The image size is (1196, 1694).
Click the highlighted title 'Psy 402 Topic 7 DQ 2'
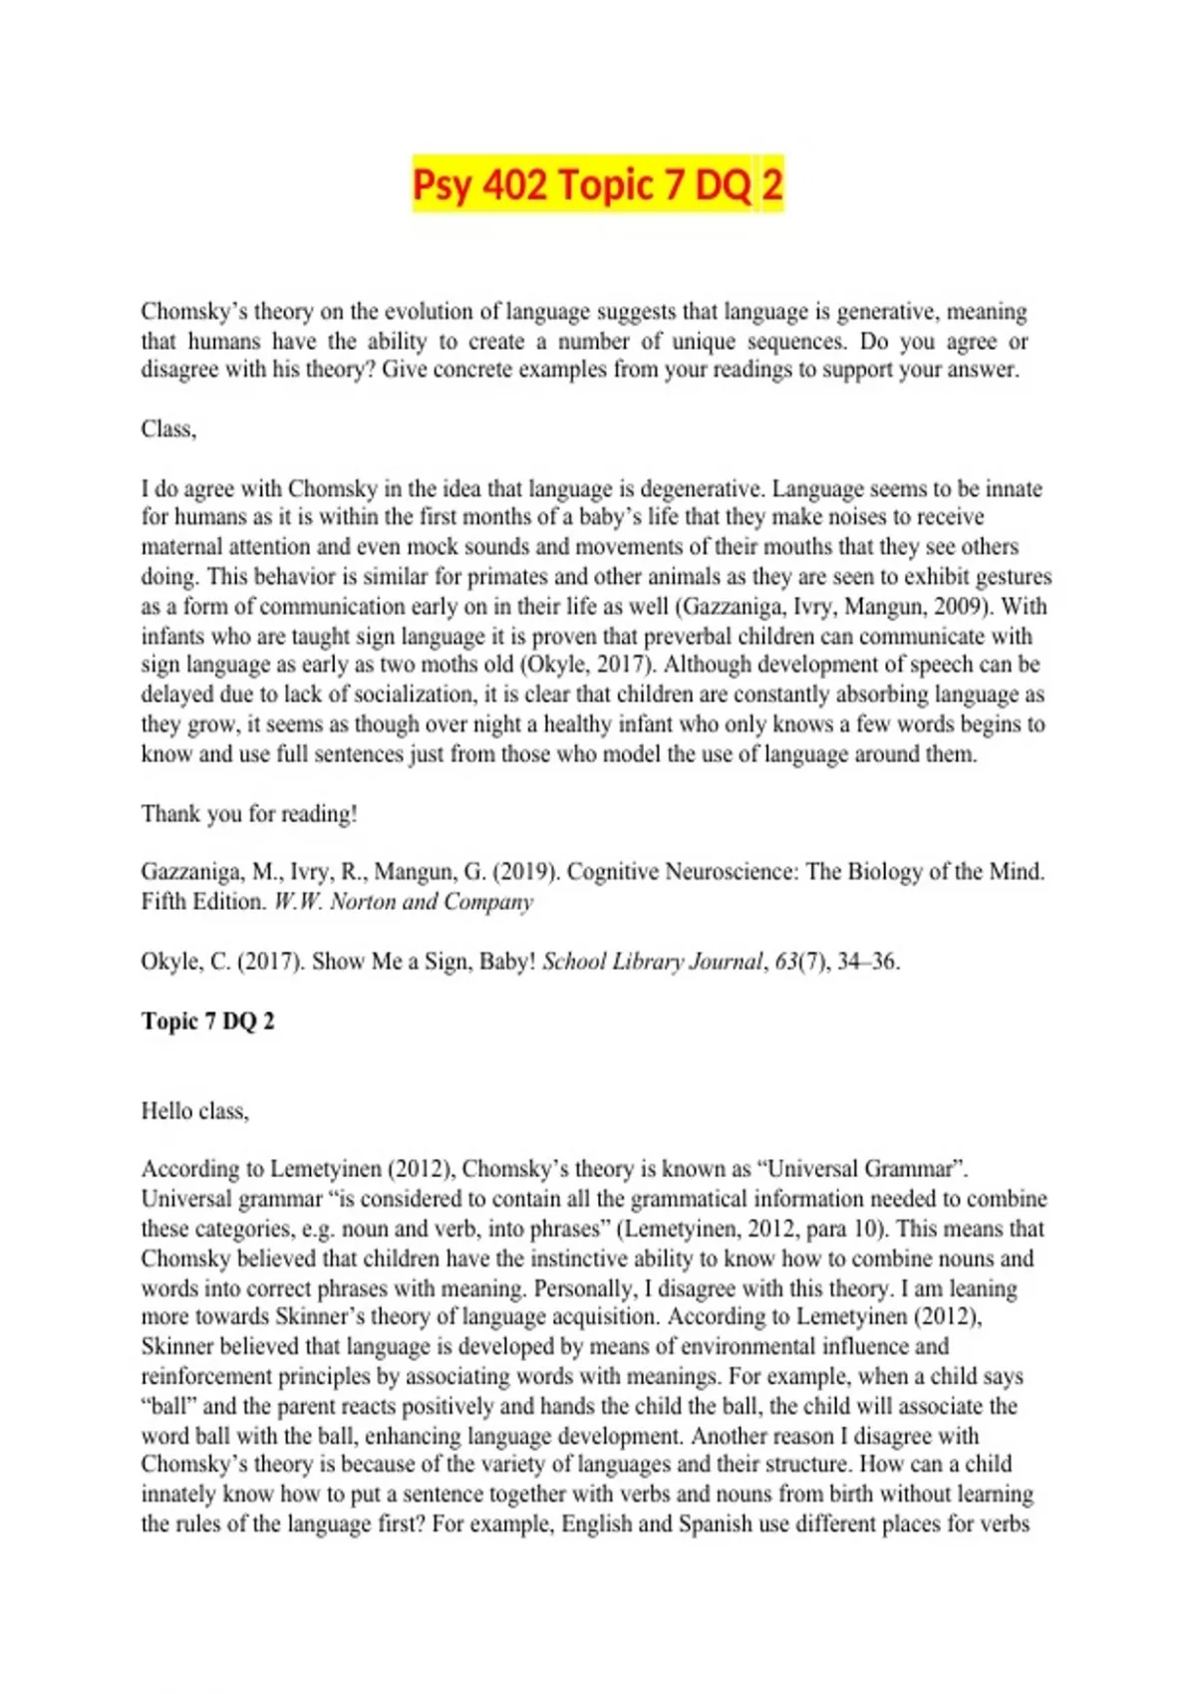coord(598,185)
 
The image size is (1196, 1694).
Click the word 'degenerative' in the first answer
coord(700,488)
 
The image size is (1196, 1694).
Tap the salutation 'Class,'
coord(168,429)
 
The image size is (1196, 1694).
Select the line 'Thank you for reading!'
coord(249,814)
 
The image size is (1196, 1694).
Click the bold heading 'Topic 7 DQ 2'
coord(207,1021)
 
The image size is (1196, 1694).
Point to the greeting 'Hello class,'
coord(194,1111)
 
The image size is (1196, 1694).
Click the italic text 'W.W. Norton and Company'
coord(404,902)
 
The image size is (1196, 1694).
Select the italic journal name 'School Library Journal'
coord(653,962)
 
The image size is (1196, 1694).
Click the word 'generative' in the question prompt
coord(886,312)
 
